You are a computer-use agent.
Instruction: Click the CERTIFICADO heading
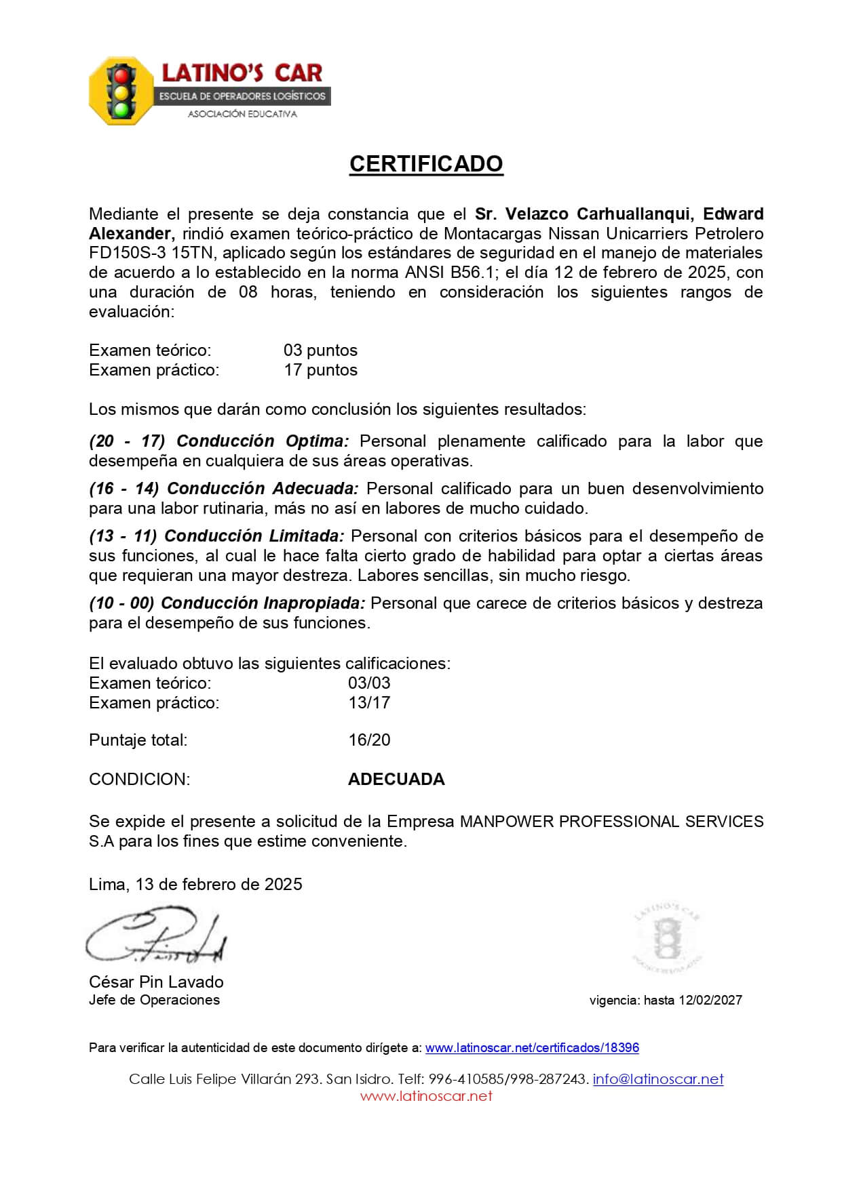point(426,164)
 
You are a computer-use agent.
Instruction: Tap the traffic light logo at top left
point(121,91)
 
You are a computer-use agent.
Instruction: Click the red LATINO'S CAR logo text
point(242,73)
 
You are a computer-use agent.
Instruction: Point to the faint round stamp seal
point(667,938)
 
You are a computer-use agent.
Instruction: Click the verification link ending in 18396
point(532,1048)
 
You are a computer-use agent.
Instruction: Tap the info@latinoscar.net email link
point(657,1079)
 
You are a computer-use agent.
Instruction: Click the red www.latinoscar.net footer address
point(426,1096)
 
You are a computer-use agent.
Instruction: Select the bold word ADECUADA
point(396,780)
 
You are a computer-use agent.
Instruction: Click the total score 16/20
point(369,740)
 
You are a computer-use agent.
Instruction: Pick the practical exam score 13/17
point(369,703)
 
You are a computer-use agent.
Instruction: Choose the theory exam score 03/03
point(369,683)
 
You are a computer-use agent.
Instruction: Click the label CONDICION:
point(140,780)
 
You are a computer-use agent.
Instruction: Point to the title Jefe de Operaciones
point(154,1001)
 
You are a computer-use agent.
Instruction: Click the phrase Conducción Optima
point(262,441)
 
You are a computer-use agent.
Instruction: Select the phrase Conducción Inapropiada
point(263,603)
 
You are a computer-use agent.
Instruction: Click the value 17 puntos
point(320,370)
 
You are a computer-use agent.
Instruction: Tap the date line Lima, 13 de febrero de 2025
point(195,885)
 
